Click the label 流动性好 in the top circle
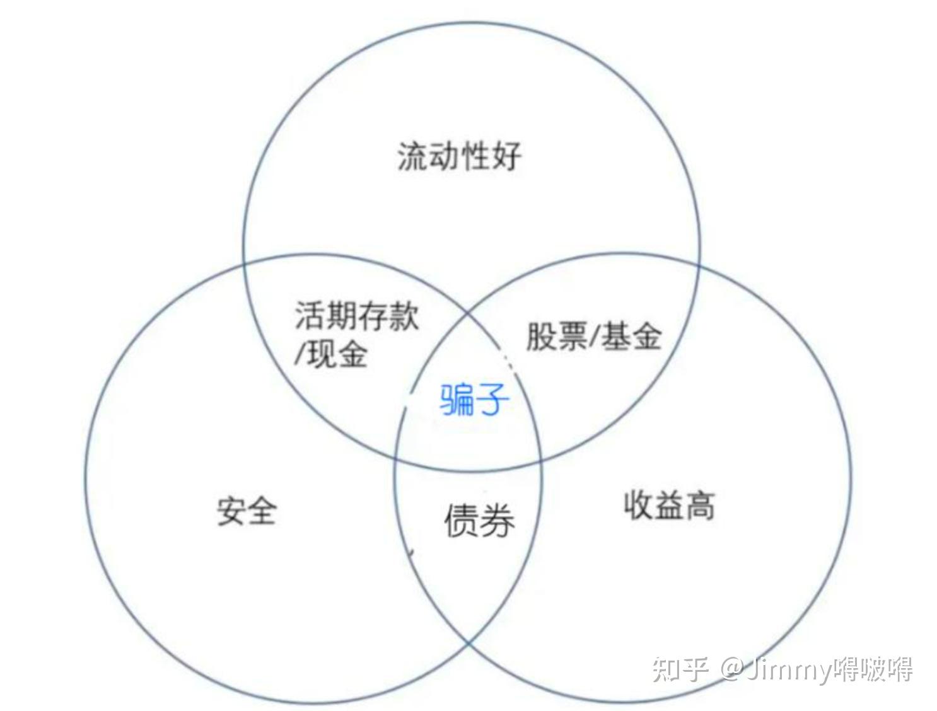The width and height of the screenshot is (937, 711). [460, 156]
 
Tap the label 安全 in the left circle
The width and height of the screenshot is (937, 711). [247, 511]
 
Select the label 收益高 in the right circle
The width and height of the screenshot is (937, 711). [669, 505]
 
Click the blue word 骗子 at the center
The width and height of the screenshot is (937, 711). [474, 400]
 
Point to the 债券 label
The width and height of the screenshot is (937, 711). [479, 521]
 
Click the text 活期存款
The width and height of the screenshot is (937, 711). [357, 315]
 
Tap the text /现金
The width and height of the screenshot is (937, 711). [330, 354]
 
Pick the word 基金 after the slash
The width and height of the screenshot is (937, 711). [631, 336]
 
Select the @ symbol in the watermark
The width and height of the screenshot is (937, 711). [731, 669]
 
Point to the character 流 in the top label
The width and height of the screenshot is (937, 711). [413, 156]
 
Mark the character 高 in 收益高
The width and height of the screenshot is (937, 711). [700, 505]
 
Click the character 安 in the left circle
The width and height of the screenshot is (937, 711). [231, 511]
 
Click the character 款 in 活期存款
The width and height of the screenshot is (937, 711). [404, 315]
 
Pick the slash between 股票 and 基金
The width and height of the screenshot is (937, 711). [593, 336]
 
